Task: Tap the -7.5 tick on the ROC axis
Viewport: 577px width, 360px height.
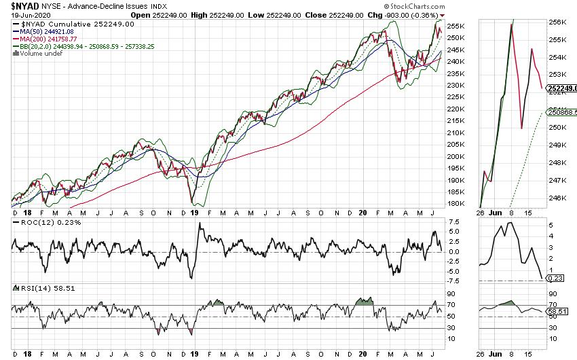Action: click(453, 281)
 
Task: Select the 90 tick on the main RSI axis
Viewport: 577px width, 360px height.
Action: click(451, 293)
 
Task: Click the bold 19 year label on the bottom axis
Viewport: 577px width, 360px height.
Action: click(194, 353)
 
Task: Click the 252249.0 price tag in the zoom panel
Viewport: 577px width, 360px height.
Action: click(561, 88)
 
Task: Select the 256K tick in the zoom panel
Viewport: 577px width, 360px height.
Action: click(557, 22)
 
